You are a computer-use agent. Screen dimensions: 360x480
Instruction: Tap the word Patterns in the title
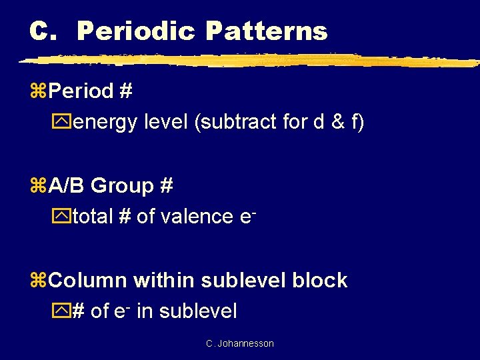coord(267,31)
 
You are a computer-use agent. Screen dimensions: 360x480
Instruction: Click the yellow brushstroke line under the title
coord(247,60)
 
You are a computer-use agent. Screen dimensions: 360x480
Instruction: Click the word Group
coord(121,185)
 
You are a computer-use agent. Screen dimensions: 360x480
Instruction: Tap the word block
coord(321,280)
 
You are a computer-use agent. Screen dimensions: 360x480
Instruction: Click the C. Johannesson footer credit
coord(240,343)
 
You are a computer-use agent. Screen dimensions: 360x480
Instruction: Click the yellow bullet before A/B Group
coord(39,186)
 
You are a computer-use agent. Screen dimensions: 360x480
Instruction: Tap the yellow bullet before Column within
coord(39,281)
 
